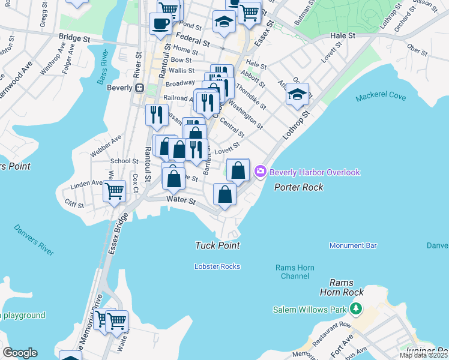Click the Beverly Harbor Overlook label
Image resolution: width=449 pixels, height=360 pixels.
coord(315,172)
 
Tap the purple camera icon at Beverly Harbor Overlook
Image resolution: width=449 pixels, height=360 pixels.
coord(261,172)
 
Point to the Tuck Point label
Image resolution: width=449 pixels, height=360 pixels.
coord(217,245)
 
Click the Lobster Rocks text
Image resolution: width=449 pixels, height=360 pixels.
coord(217,266)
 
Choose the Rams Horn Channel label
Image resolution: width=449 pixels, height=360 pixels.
coord(292,272)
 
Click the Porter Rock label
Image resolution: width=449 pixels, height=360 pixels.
coord(299,187)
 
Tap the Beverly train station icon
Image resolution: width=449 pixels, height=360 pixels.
coord(139,88)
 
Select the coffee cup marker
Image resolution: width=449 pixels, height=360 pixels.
coord(160,24)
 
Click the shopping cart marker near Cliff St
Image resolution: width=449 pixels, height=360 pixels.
coord(114,192)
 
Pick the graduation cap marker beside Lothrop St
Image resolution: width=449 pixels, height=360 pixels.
coord(297,94)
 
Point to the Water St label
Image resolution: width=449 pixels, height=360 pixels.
coord(181,201)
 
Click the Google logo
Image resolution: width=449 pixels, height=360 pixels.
coord(20,353)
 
